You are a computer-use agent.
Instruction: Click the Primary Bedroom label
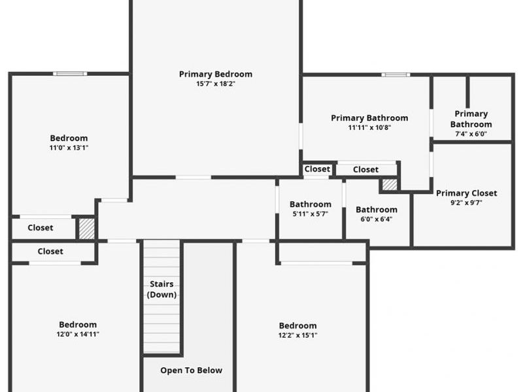[x=216, y=74]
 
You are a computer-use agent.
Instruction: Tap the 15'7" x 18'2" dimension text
[x=216, y=84]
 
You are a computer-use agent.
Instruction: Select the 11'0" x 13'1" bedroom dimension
[x=69, y=148]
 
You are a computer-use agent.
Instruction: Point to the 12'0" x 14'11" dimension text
[x=78, y=334]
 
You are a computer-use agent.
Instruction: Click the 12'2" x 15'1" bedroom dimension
[x=297, y=335]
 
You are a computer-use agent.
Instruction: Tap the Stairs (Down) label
[x=161, y=289]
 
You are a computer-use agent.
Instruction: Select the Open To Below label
[x=191, y=370]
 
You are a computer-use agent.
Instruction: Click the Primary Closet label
[x=466, y=193]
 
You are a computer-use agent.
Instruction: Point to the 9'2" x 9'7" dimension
[x=466, y=203]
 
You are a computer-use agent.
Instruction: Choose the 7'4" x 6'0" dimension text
[x=471, y=134]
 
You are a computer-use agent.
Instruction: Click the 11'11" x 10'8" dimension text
[x=369, y=127]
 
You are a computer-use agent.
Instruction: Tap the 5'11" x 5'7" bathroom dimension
[x=310, y=214]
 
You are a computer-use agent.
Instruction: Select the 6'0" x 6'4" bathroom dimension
[x=377, y=219]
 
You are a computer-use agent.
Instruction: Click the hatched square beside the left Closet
[x=87, y=228]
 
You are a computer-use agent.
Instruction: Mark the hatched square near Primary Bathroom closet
[x=390, y=185]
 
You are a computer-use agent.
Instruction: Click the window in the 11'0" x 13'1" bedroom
[x=70, y=74]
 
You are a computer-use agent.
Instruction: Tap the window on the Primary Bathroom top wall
[x=396, y=74]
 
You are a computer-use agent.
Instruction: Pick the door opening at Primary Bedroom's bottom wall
[x=194, y=177]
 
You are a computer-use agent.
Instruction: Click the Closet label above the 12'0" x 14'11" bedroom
[x=50, y=252]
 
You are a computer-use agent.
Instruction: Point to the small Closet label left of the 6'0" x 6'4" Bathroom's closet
[x=317, y=169]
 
